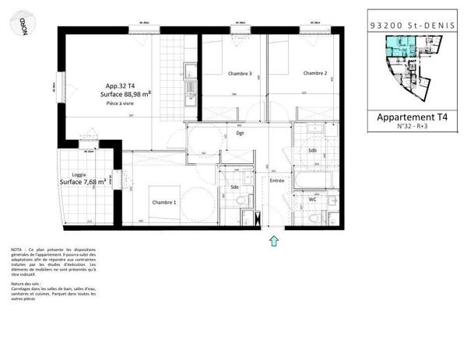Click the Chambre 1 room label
pos(164,202)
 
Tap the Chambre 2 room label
pos(314,74)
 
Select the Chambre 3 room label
pos(240,74)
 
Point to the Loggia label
pos(79,175)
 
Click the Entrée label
pos(277,180)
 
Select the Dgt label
pos(241,133)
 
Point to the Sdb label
pos(312,150)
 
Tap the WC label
pos(313,199)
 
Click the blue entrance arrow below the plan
pos(273,241)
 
